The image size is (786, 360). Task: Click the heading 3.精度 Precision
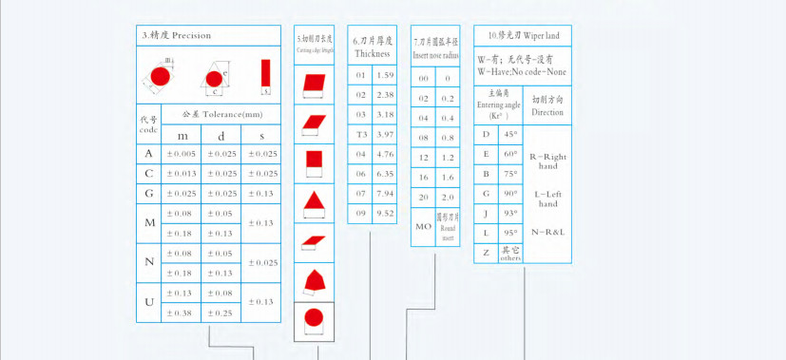coord(177,35)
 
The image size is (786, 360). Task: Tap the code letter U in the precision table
coord(148,302)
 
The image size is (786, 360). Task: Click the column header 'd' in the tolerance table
coord(221,136)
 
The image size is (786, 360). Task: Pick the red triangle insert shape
coord(312,201)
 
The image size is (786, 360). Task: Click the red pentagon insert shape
coord(312,279)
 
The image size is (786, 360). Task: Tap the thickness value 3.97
coord(385,134)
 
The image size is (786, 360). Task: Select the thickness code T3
coord(360,134)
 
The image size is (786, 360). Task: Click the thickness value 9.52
coord(385,214)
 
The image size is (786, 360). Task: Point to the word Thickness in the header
coord(373,54)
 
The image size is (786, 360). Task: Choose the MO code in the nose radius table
coord(423,227)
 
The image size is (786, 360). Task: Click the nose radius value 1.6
coord(447,177)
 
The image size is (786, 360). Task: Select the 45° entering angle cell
coord(510,135)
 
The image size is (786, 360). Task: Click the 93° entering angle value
coord(510,213)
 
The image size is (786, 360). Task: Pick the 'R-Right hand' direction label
coord(547,160)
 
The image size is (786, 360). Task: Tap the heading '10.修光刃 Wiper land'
coord(524,35)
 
